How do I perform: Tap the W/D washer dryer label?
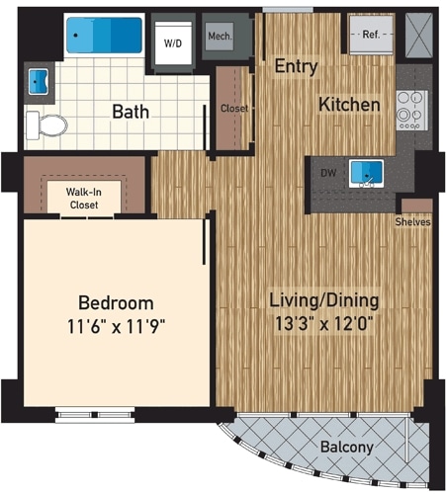[x=172, y=43]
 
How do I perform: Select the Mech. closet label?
[x=219, y=39]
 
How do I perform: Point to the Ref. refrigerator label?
[x=371, y=35]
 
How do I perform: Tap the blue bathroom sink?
[x=39, y=80]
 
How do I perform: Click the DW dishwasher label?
[x=328, y=172]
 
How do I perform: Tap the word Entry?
[x=296, y=67]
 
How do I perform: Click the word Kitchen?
[x=349, y=104]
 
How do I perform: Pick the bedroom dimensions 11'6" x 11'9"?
[x=115, y=327]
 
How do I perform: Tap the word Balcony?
[x=346, y=448]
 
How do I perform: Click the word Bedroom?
[x=116, y=302]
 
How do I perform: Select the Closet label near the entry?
[x=234, y=108]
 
